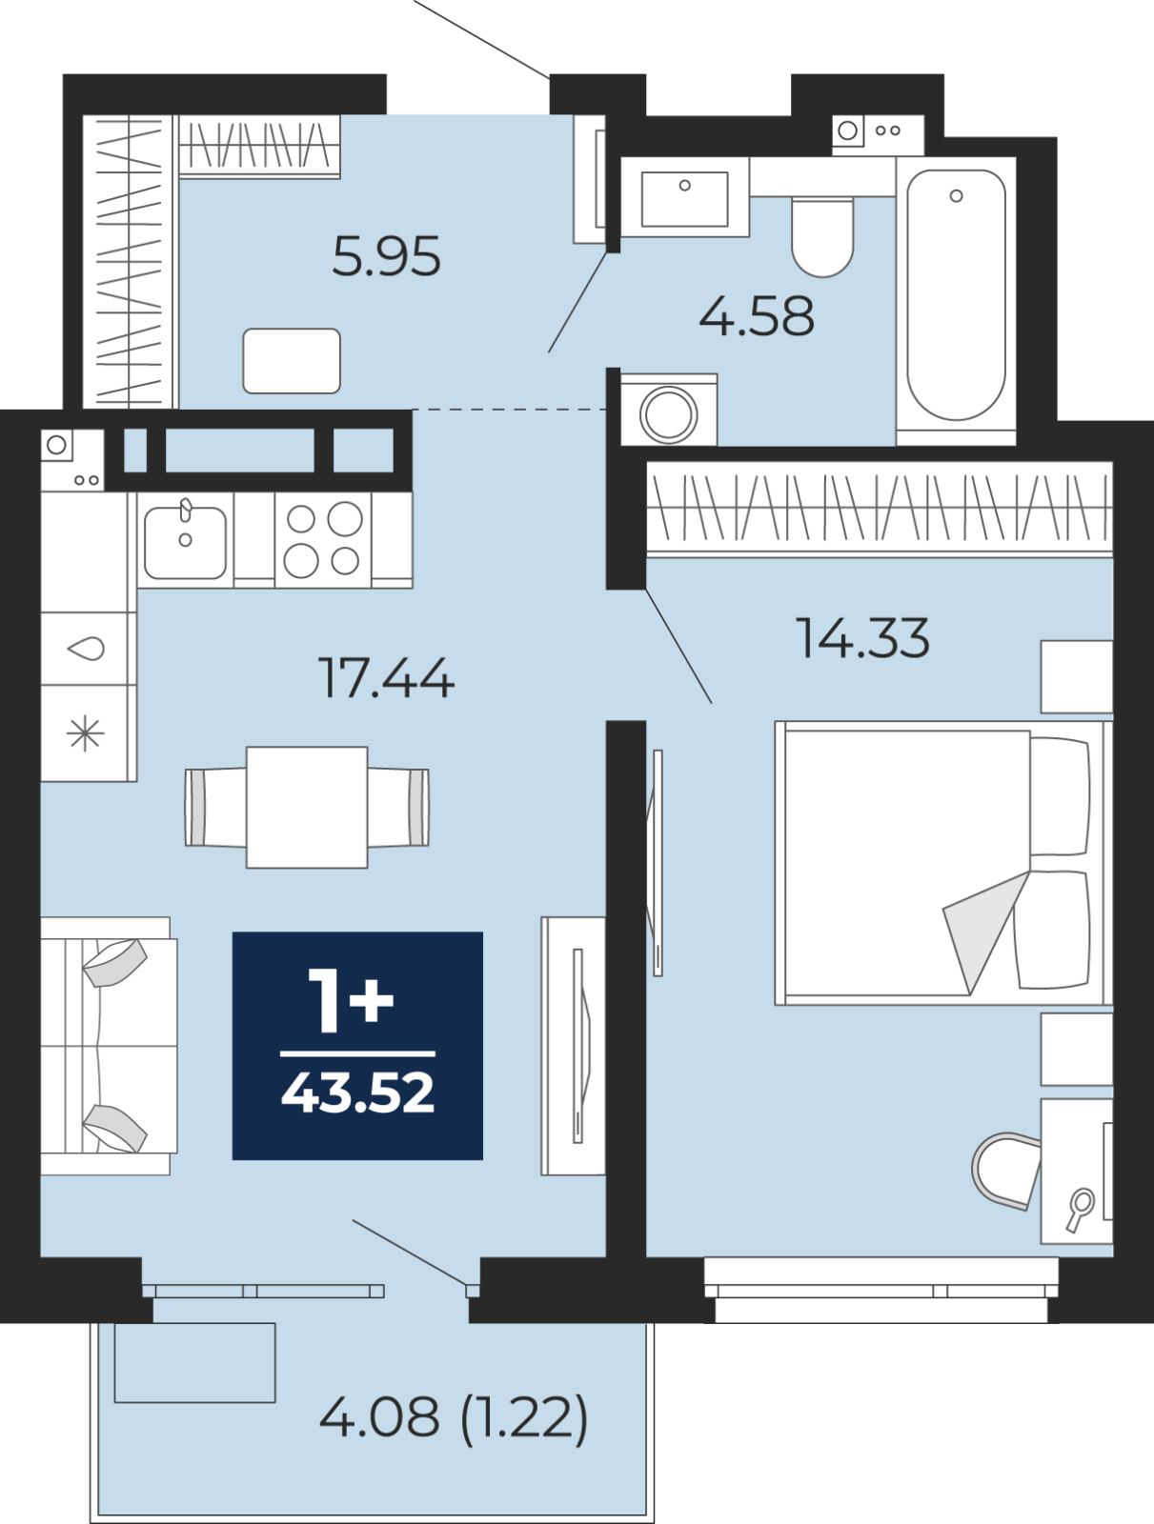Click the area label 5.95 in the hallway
[x=386, y=257]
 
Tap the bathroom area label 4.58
[x=757, y=317]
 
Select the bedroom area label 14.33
[x=862, y=638]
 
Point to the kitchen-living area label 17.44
[x=385, y=679]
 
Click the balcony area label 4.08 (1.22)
[x=454, y=1417]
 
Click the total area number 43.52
[x=357, y=1093]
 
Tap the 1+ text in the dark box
[x=351, y=1000]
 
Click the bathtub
[x=956, y=295]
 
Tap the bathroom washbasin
[x=684, y=198]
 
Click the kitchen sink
[x=185, y=541]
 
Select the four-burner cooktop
[x=323, y=540]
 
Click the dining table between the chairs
[x=307, y=807]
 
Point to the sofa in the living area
[x=107, y=1046]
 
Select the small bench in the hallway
[x=292, y=361]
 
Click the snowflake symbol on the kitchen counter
[x=85, y=733]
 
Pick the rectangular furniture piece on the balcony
[x=194, y=1362]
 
